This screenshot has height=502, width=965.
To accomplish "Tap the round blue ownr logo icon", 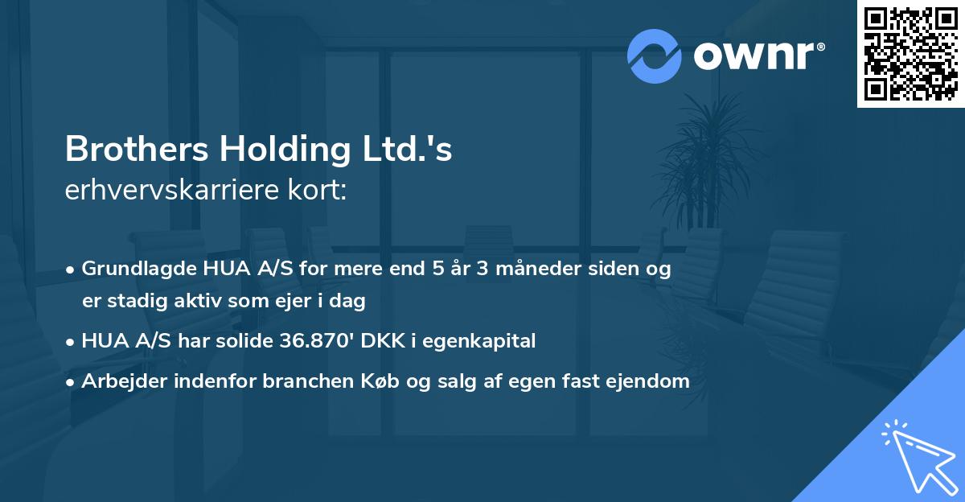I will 655,56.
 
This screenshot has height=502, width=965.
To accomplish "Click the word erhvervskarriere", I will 165,191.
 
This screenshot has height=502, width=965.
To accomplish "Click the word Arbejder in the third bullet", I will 121,381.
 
